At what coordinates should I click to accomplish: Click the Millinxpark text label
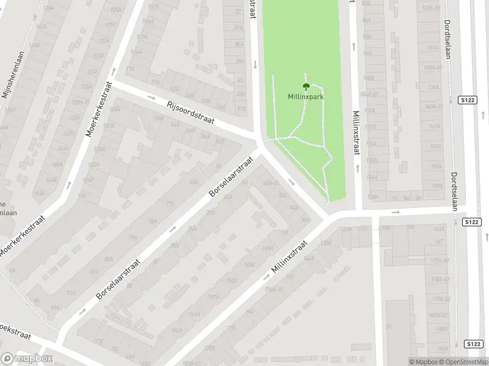[306, 96]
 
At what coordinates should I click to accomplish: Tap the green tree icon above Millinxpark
[306, 87]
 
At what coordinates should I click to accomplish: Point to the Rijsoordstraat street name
[190, 112]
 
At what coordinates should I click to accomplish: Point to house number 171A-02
[439, 260]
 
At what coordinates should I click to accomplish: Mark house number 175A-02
[439, 279]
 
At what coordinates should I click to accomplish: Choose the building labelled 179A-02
[440, 299]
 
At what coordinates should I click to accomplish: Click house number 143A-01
[433, 107]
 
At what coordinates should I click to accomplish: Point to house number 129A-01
[432, 7]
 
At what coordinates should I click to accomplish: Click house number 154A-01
[274, 290]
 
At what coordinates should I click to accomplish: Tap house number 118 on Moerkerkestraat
[129, 69]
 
